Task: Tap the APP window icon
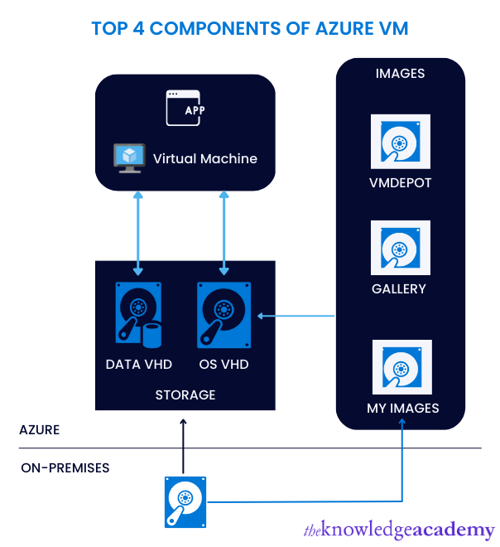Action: pyautogui.click(x=185, y=108)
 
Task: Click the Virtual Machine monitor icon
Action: pyautogui.click(x=128, y=157)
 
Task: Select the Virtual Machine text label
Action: pyautogui.click(x=204, y=158)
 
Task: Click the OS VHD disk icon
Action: pyautogui.click(x=224, y=315)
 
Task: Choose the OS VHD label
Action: pyautogui.click(x=224, y=364)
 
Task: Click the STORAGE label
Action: pyautogui.click(x=185, y=395)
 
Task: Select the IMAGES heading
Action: pyautogui.click(x=400, y=74)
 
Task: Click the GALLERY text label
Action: pyautogui.click(x=399, y=289)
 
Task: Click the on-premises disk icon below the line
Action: pyautogui.click(x=184, y=501)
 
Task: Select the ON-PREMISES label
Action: pyautogui.click(x=65, y=468)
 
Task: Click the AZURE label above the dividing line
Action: pyautogui.click(x=40, y=430)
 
